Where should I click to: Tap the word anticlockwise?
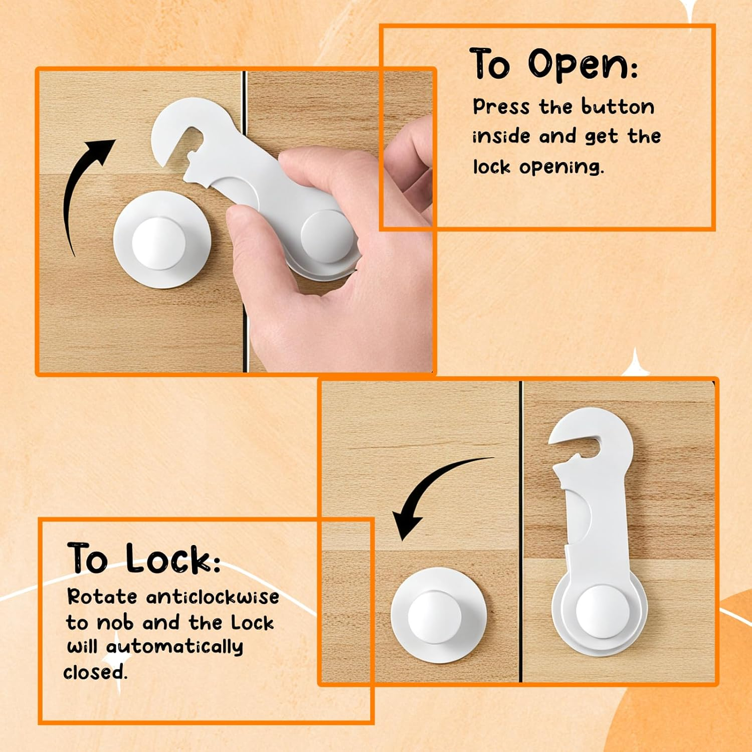click(x=213, y=597)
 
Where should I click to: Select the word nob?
click(x=115, y=623)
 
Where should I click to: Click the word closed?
click(x=95, y=672)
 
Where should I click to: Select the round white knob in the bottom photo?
click(x=438, y=616)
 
